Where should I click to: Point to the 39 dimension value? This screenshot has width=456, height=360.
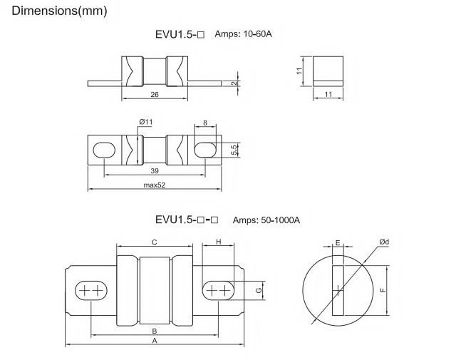point(155,172)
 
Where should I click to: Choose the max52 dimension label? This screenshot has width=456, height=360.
point(155,185)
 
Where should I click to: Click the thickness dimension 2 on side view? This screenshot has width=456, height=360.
point(234,83)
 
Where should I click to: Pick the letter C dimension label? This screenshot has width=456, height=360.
point(155,242)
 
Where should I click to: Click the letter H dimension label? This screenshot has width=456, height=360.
point(219,242)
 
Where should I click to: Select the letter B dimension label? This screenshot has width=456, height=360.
point(155,331)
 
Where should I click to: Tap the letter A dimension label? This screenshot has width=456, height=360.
point(155,341)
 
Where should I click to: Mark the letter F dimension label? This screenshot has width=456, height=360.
point(383,290)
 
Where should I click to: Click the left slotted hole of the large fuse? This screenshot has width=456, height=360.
point(90,291)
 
